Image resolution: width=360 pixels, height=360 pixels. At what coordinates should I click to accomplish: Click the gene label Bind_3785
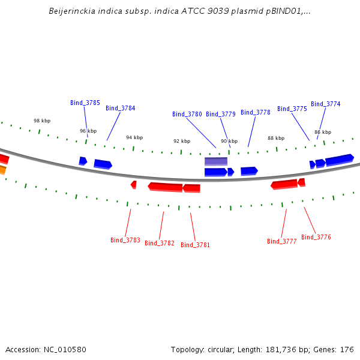85,103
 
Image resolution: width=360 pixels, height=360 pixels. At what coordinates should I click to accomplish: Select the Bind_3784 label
121,108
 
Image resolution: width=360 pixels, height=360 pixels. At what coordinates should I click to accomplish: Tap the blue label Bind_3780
187,114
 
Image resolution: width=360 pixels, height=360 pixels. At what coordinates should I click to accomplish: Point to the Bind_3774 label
325,104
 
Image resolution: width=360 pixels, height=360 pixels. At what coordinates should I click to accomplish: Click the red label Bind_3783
125,240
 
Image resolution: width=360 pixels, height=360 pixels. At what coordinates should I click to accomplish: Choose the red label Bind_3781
195,245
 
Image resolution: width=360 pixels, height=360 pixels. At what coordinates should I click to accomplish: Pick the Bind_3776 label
316,237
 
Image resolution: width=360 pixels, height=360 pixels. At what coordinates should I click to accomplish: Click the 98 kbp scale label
42,121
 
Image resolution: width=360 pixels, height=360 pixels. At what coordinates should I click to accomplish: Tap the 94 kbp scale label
134,137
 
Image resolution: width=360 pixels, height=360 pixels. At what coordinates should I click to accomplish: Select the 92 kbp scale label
182,141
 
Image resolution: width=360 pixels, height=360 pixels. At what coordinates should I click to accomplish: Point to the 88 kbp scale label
276,138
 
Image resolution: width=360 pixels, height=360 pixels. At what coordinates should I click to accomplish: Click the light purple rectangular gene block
216,161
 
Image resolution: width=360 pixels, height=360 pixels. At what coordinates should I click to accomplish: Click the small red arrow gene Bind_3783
134,185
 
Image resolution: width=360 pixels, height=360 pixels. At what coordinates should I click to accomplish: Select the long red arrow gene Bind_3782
166,187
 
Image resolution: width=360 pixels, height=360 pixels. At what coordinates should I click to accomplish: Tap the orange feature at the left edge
2,170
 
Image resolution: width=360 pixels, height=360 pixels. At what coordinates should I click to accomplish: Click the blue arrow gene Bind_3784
103,164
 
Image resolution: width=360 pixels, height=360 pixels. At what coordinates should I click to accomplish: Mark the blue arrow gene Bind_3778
250,171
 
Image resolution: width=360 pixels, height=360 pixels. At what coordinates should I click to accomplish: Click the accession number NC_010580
65,350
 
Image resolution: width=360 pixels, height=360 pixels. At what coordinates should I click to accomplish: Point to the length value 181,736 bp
287,350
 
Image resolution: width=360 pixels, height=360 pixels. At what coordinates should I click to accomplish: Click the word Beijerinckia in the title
72,11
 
